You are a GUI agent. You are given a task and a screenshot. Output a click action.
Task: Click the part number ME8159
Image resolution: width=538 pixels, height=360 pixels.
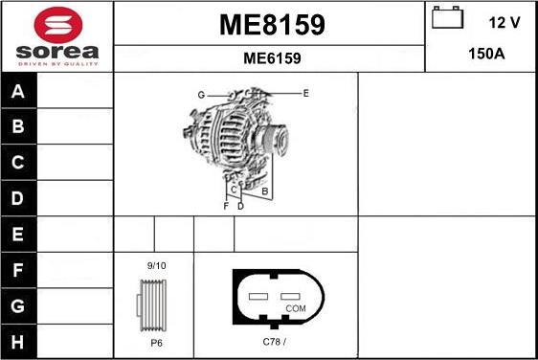(272, 25)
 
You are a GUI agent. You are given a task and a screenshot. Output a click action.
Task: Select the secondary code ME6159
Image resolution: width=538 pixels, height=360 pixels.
(272, 58)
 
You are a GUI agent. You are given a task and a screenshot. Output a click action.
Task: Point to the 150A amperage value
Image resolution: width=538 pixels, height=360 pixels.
(485, 55)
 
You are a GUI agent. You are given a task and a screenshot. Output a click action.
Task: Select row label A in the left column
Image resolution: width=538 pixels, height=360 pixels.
(18, 92)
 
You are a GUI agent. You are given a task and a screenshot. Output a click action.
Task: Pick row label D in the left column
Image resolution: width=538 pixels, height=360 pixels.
(18, 198)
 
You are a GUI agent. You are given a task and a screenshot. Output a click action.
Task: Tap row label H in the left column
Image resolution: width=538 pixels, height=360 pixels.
(18, 341)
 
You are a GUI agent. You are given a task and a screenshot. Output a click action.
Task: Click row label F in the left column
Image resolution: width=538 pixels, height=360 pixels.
(18, 270)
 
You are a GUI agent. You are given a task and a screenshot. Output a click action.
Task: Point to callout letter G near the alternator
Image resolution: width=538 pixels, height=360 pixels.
(201, 95)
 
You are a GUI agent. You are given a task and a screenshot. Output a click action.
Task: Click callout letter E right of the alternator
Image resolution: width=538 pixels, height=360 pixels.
(305, 93)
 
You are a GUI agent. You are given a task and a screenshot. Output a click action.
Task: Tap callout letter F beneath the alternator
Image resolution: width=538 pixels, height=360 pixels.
(226, 206)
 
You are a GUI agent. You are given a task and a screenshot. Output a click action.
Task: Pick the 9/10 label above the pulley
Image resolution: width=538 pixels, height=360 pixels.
(155, 265)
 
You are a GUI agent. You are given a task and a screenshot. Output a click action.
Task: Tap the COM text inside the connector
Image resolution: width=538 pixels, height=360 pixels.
(296, 309)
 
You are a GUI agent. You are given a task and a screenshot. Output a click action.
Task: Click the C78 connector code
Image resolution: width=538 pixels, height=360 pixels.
(275, 340)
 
